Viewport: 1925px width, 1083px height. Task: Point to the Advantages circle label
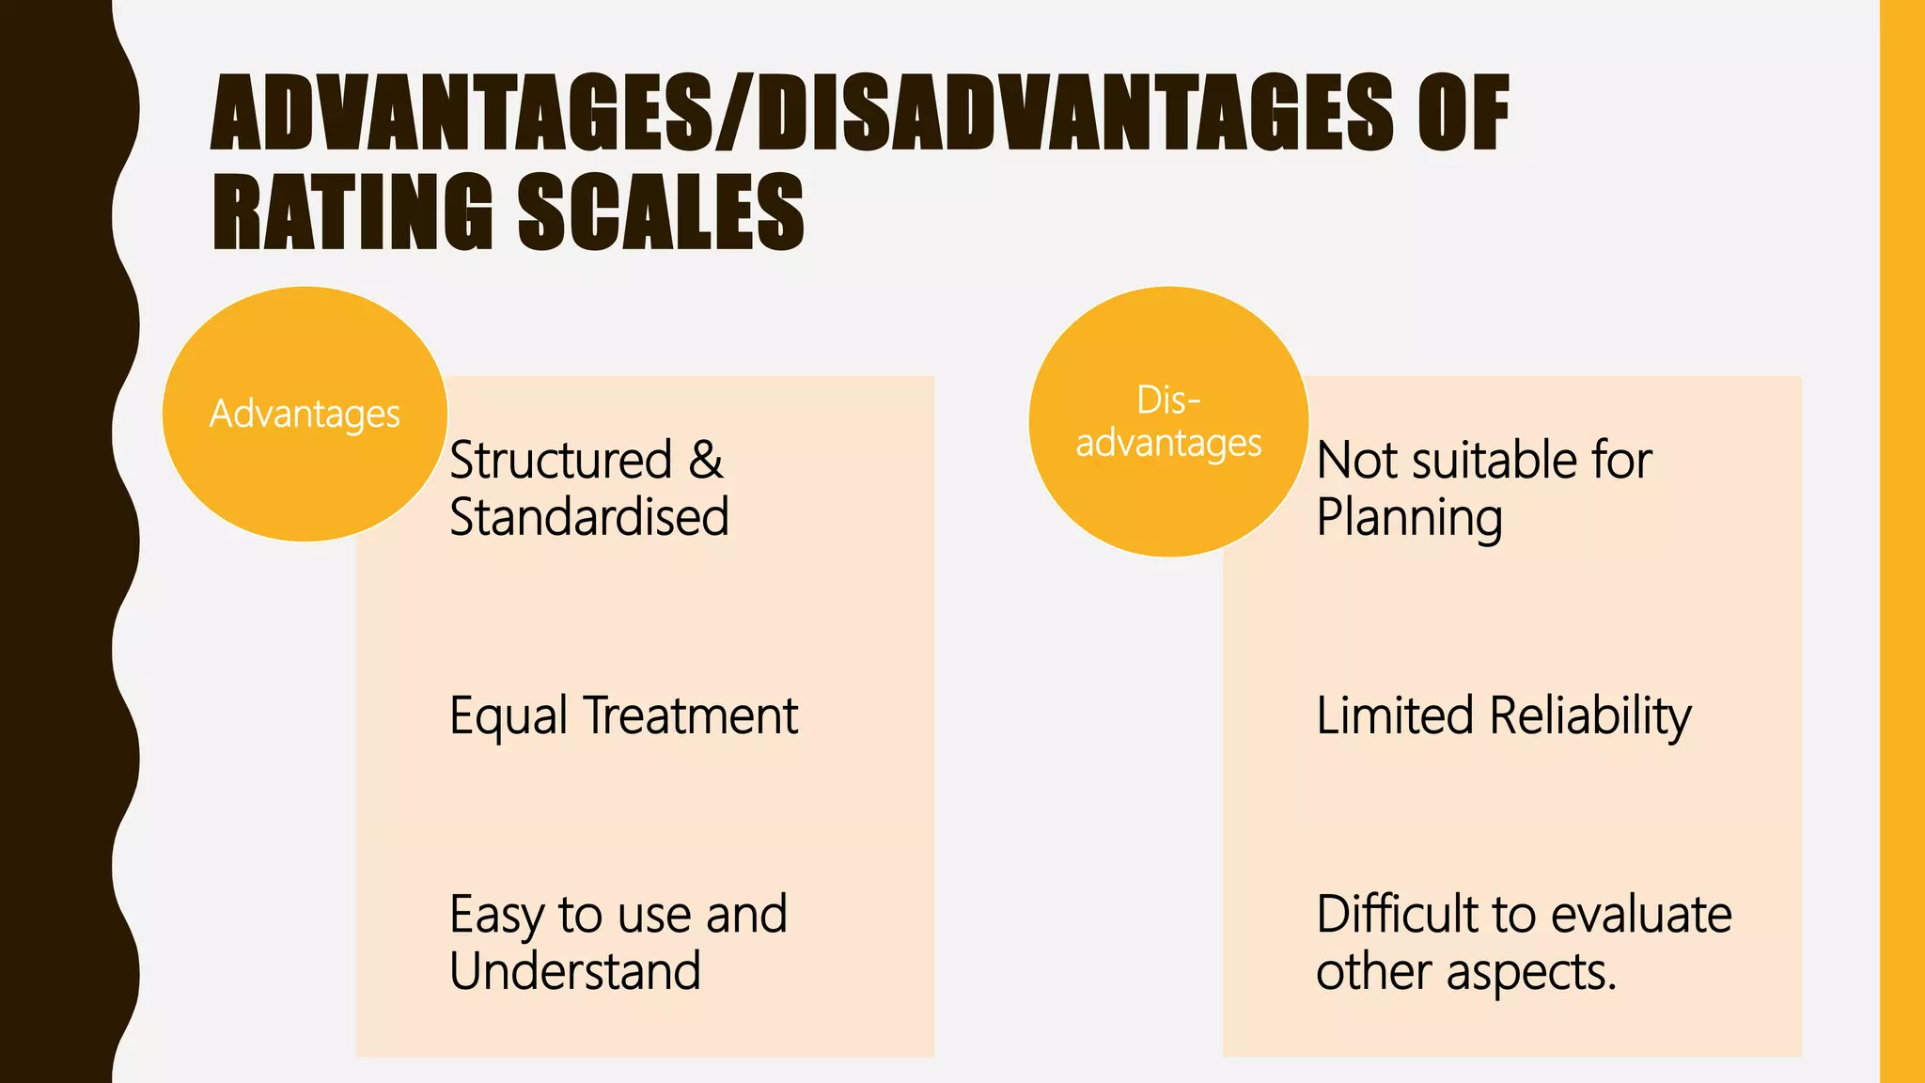305,414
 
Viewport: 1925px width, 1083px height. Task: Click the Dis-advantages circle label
1168,422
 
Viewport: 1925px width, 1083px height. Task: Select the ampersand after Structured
706,460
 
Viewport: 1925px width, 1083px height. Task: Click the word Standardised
589,517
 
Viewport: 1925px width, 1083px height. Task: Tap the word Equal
509,716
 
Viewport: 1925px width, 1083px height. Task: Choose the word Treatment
691,715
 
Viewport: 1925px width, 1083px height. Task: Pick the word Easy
496,915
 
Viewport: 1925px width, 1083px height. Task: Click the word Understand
575,971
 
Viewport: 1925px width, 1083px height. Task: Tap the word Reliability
1590,716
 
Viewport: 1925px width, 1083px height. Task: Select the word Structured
561,460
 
